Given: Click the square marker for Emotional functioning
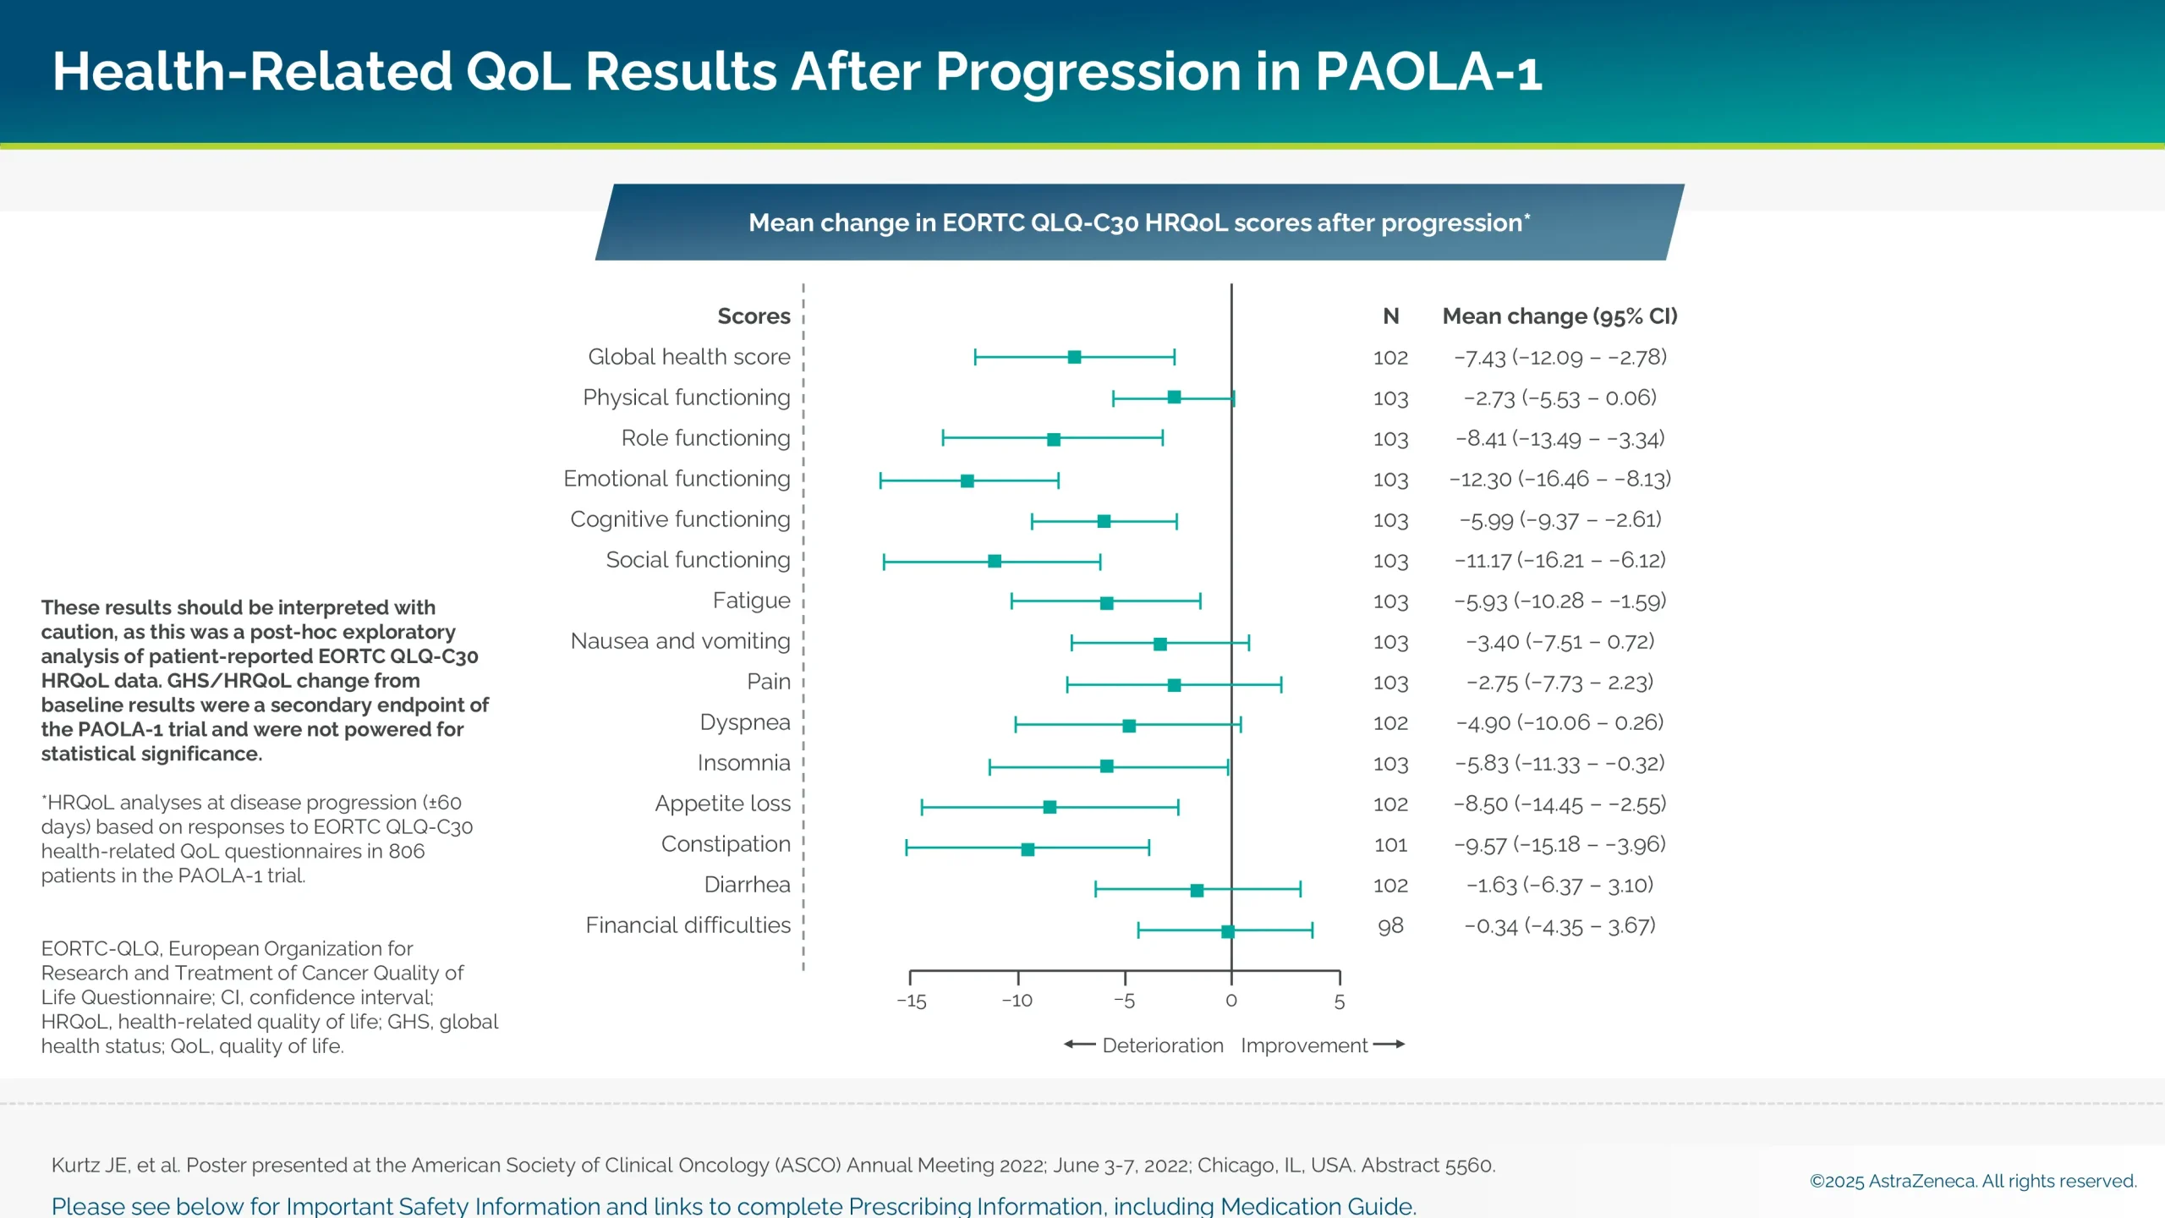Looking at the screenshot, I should (967, 480).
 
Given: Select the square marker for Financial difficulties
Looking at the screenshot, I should (1227, 931).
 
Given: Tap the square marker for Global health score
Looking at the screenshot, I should (1074, 357).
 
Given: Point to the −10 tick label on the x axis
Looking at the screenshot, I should (1017, 1001).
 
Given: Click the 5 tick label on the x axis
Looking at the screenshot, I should (1339, 1001).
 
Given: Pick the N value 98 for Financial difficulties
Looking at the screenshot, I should (1390, 925).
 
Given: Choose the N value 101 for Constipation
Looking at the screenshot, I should (1390, 844).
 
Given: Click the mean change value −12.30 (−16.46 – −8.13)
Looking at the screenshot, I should (1559, 479).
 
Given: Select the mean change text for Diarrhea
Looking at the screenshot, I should (1559, 885).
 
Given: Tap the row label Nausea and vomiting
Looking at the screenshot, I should (680, 641).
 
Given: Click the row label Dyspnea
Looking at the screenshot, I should (744, 722).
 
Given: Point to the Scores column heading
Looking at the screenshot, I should (754, 316).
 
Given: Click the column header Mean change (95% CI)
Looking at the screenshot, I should (1559, 316).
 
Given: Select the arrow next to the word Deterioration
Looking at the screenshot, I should (1079, 1045).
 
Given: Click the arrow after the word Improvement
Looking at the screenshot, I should (1389, 1045).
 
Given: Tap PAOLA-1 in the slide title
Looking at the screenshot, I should (1428, 71).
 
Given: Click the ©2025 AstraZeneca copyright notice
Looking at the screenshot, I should (1972, 1181).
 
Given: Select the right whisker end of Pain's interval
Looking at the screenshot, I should (1280, 684).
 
